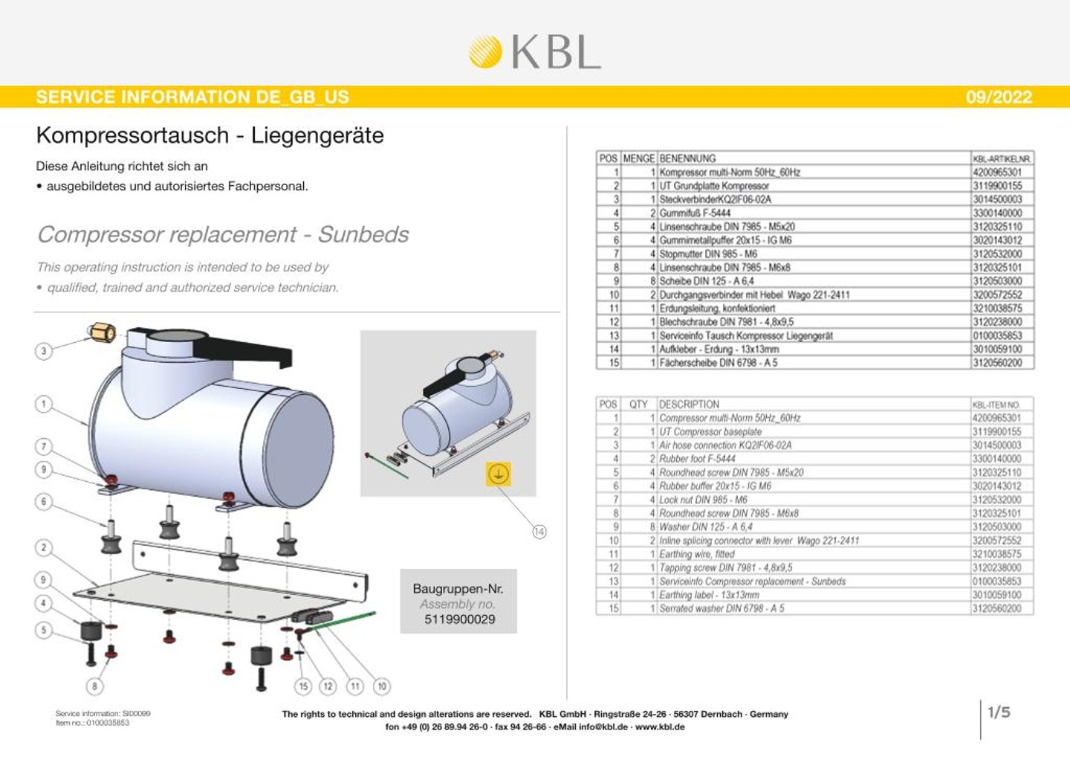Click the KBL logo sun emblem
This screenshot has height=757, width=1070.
pos(485,52)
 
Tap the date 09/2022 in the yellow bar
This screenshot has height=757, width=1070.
pos(999,97)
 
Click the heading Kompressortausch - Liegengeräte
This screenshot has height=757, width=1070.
pos(210,135)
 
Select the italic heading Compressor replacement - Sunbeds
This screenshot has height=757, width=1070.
pos(223,234)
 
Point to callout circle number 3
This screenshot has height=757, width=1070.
pos(44,351)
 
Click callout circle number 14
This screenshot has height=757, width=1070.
pos(539,531)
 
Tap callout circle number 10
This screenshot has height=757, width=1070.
pos(382,686)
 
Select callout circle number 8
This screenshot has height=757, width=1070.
pos(94,686)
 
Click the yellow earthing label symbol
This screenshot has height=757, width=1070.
pos(498,474)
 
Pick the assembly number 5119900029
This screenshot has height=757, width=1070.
pos(459,619)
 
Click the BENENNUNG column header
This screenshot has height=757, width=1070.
pos(687,158)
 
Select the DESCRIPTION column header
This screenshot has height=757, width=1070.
pos(689,405)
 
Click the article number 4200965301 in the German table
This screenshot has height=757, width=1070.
pos(997,173)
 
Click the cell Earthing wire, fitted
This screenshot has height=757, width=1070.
pos(696,554)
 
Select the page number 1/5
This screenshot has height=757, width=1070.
pos(999,712)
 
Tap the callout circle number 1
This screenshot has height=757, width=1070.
pos(44,405)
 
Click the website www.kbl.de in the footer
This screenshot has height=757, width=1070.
pos(659,727)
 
